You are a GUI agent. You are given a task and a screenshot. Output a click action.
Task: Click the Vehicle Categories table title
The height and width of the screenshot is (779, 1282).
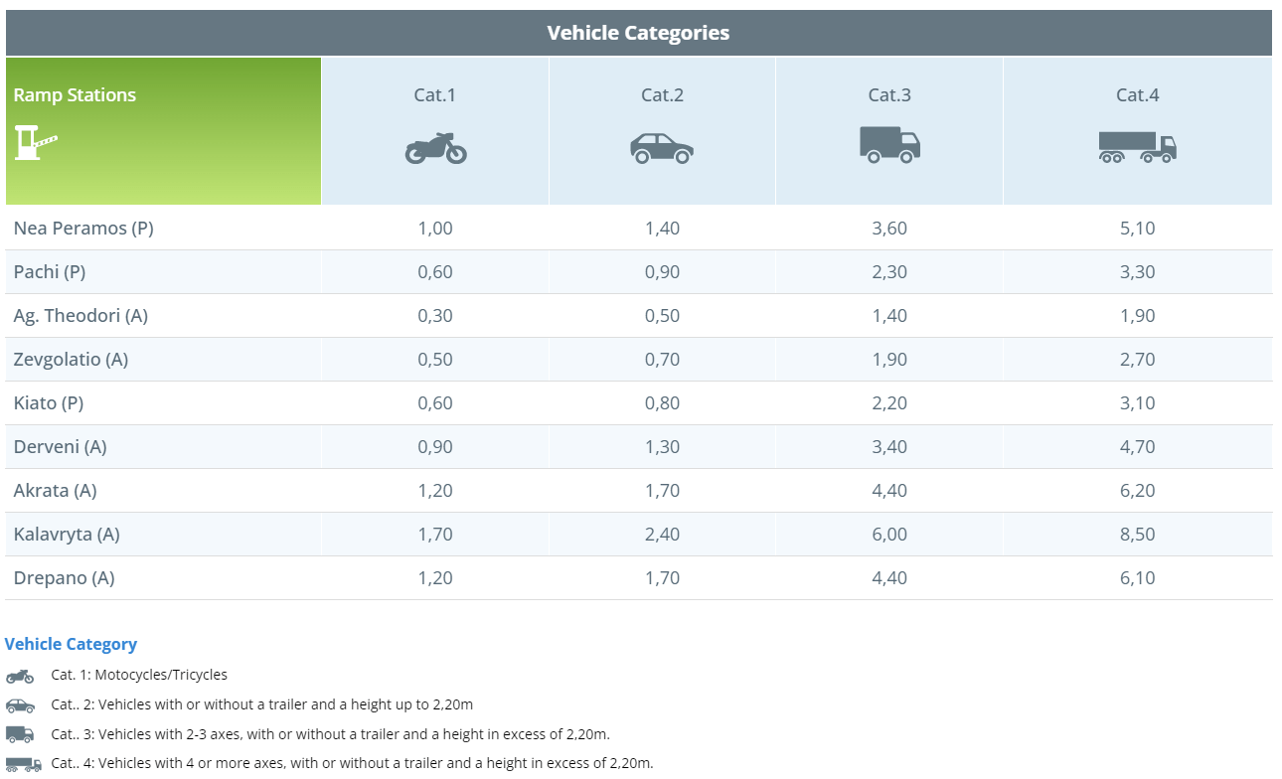(638, 33)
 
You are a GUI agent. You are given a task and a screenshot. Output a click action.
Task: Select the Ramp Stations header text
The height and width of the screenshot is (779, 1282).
(75, 95)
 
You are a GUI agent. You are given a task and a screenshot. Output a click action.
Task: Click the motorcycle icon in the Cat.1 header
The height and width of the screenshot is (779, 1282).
(435, 148)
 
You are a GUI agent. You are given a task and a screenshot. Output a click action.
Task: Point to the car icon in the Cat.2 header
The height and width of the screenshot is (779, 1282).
(662, 148)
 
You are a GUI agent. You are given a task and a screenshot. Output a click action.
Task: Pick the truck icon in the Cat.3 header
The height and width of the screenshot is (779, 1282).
(889, 145)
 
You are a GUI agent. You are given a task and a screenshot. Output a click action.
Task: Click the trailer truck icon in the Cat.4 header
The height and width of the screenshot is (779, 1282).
(1137, 147)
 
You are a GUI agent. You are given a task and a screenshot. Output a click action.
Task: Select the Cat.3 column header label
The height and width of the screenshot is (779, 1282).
(889, 95)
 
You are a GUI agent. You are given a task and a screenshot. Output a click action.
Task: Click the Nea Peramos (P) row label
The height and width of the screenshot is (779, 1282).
(83, 229)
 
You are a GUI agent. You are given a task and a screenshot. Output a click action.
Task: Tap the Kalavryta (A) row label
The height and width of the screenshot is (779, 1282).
(67, 535)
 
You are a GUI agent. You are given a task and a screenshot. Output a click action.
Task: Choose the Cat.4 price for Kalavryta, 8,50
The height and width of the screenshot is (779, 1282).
(1137, 535)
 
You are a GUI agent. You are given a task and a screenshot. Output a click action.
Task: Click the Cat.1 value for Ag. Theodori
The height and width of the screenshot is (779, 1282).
(435, 316)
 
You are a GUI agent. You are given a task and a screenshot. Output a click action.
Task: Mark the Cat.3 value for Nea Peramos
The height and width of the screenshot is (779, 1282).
(889, 229)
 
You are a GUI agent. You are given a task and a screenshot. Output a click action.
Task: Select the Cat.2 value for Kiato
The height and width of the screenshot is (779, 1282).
(662, 403)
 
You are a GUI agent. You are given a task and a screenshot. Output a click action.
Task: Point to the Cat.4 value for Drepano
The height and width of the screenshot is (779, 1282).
(1137, 578)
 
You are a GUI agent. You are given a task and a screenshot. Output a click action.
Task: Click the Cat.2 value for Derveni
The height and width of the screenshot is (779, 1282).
(662, 447)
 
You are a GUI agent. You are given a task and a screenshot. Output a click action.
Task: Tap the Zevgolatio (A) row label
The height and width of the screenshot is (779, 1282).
(71, 360)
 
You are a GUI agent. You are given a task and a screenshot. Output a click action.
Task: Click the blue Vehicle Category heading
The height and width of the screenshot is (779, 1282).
(71, 644)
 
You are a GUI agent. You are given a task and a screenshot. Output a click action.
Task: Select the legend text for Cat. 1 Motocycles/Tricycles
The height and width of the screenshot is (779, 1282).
(139, 675)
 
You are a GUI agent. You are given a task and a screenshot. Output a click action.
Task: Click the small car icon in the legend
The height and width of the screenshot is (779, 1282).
(20, 705)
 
